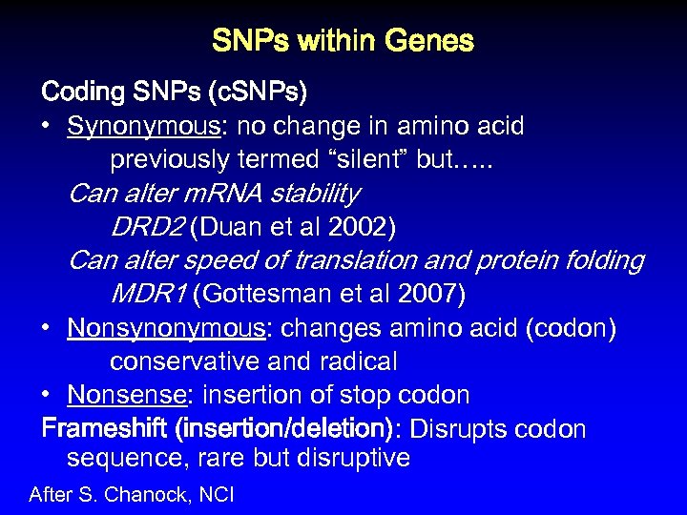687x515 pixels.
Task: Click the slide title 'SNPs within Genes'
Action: (x=343, y=41)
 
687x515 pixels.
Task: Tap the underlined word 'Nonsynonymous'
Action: (x=166, y=328)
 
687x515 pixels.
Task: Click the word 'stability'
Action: (x=315, y=194)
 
